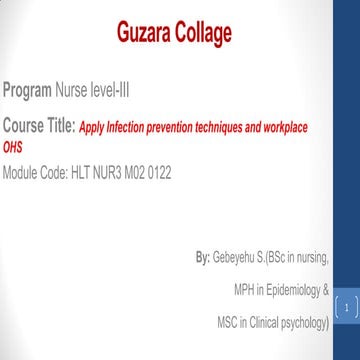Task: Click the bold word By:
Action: point(203,258)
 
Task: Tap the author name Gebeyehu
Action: point(236,258)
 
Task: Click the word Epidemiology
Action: point(290,290)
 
